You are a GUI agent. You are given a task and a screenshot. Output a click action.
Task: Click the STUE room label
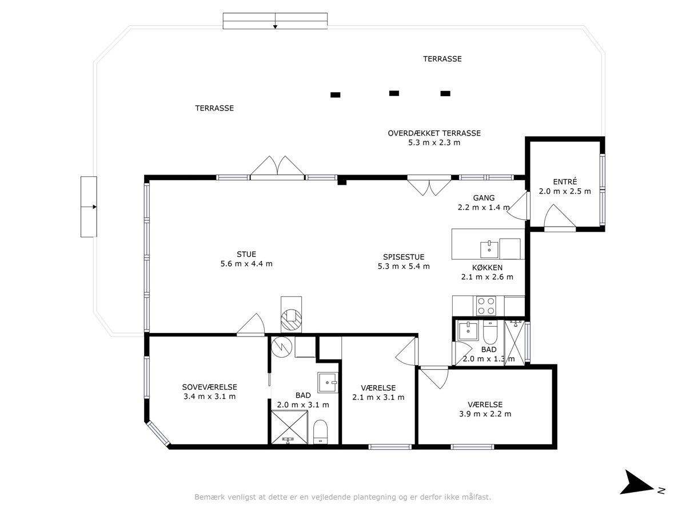246,254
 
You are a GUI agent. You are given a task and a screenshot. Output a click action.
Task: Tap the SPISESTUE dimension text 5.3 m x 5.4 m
404,267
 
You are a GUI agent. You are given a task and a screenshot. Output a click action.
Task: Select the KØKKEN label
487,268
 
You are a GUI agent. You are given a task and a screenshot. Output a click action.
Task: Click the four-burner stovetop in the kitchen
486,306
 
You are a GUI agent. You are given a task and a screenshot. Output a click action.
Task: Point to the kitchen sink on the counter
489,249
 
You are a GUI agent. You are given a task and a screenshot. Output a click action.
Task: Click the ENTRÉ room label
565,181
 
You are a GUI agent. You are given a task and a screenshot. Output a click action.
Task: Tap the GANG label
484,198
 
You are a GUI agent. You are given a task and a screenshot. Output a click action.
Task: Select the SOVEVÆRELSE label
209,387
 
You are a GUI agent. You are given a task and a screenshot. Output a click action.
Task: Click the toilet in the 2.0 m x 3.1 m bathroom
320,431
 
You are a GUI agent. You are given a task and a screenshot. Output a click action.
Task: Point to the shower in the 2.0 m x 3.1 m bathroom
289,427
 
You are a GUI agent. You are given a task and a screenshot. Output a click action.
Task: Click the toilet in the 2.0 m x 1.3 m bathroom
490,332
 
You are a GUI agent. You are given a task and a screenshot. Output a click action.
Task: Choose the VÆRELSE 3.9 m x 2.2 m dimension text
485,414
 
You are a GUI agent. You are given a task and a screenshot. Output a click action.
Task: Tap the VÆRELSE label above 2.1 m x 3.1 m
378,388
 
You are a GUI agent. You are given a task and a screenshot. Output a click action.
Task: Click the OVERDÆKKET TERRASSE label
434,133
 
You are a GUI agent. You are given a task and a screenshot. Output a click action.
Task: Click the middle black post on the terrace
394,93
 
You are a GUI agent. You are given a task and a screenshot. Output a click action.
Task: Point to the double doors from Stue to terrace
277,168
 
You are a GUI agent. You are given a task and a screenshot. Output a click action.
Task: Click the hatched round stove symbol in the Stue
292,319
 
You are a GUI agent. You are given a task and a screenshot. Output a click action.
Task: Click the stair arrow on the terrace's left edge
89,207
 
